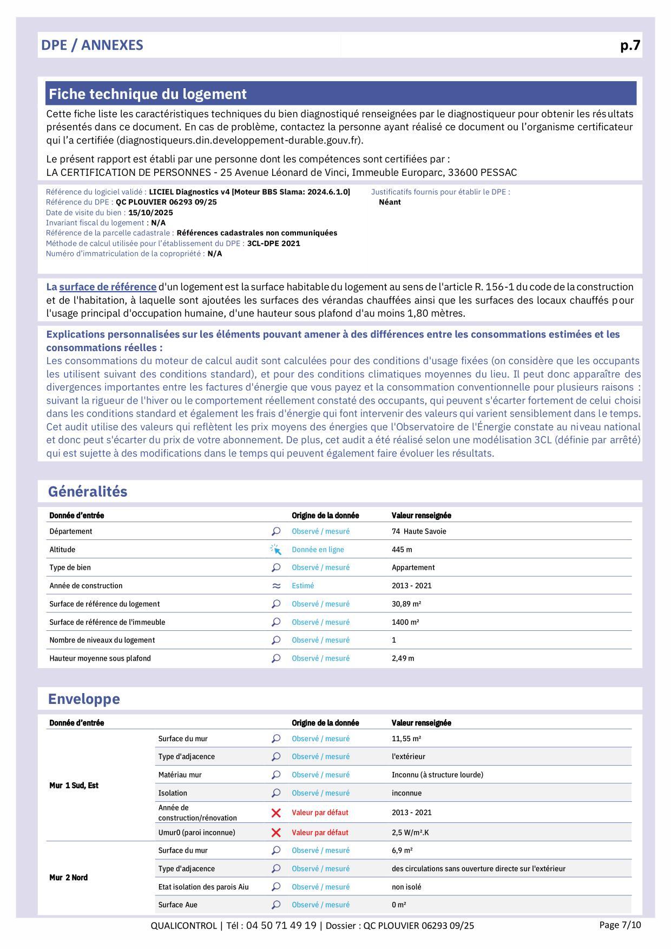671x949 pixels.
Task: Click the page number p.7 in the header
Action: tap(630, 45)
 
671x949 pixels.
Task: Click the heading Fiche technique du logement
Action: tap(148, 94)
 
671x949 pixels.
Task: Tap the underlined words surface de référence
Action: tap(108, 287)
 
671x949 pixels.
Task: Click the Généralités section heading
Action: tap(88, 491)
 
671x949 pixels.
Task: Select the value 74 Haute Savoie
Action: tap(419, 531)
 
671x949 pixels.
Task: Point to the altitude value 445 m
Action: tap(402, 550)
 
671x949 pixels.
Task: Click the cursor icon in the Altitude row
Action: tap(276, 550)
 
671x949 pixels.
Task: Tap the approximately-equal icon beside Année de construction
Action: tap(276, 586)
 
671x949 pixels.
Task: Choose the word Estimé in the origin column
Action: tap(302, 586)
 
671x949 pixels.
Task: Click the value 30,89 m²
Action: tap(406, 604)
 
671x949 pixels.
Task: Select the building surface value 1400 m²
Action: tap(405, 622)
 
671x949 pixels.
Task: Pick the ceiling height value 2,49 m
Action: tap(403, 658)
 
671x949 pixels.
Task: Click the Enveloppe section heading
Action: tap(84, 699)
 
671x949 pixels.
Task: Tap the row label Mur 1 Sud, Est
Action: tap(74, 786)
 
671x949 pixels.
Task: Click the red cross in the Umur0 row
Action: tap(276, 833)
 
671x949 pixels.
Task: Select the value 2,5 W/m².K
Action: tap(410, 833)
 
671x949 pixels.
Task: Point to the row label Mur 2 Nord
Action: tap(68, 878)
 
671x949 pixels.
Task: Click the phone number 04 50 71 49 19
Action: tap(281, 926)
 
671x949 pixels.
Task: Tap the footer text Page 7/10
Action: tap(620, 925)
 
